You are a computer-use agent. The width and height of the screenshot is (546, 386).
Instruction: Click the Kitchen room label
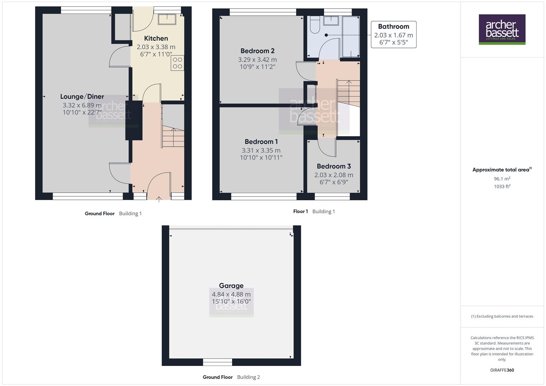point(156,38)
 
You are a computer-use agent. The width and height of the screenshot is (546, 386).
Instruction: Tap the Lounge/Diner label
point(82,96)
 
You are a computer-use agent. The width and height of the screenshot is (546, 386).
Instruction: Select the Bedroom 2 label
point(257,51)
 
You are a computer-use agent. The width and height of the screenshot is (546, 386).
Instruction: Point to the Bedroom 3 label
point(334,166)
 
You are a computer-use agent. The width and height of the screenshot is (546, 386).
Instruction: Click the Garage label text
point(231,286)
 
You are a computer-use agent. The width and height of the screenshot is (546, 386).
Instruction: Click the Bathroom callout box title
point(393,26)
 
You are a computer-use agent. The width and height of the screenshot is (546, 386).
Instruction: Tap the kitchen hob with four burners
point(178,63)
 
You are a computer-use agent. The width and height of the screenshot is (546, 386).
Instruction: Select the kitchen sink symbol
point(167,19)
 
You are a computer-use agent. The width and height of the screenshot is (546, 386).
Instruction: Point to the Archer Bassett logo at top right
point(502,29)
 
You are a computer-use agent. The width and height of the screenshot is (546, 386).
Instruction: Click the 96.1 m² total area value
point(502,179)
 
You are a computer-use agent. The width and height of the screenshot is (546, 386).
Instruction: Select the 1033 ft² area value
point(502,186)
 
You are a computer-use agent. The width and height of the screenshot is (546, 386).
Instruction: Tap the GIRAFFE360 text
point(502,370)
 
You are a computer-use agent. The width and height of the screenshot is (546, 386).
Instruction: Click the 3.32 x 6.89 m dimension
point(82,105)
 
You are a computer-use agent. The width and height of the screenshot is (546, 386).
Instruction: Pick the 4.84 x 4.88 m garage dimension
point(231,294)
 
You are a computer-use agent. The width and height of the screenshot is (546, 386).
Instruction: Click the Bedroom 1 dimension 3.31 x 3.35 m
point(261,150)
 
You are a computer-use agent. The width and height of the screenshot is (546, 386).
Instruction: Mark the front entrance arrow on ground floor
point(159,199)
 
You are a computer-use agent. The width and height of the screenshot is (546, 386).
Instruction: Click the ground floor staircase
point(173,136)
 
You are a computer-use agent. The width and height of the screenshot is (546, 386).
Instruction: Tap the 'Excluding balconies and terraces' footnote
point(502,316)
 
